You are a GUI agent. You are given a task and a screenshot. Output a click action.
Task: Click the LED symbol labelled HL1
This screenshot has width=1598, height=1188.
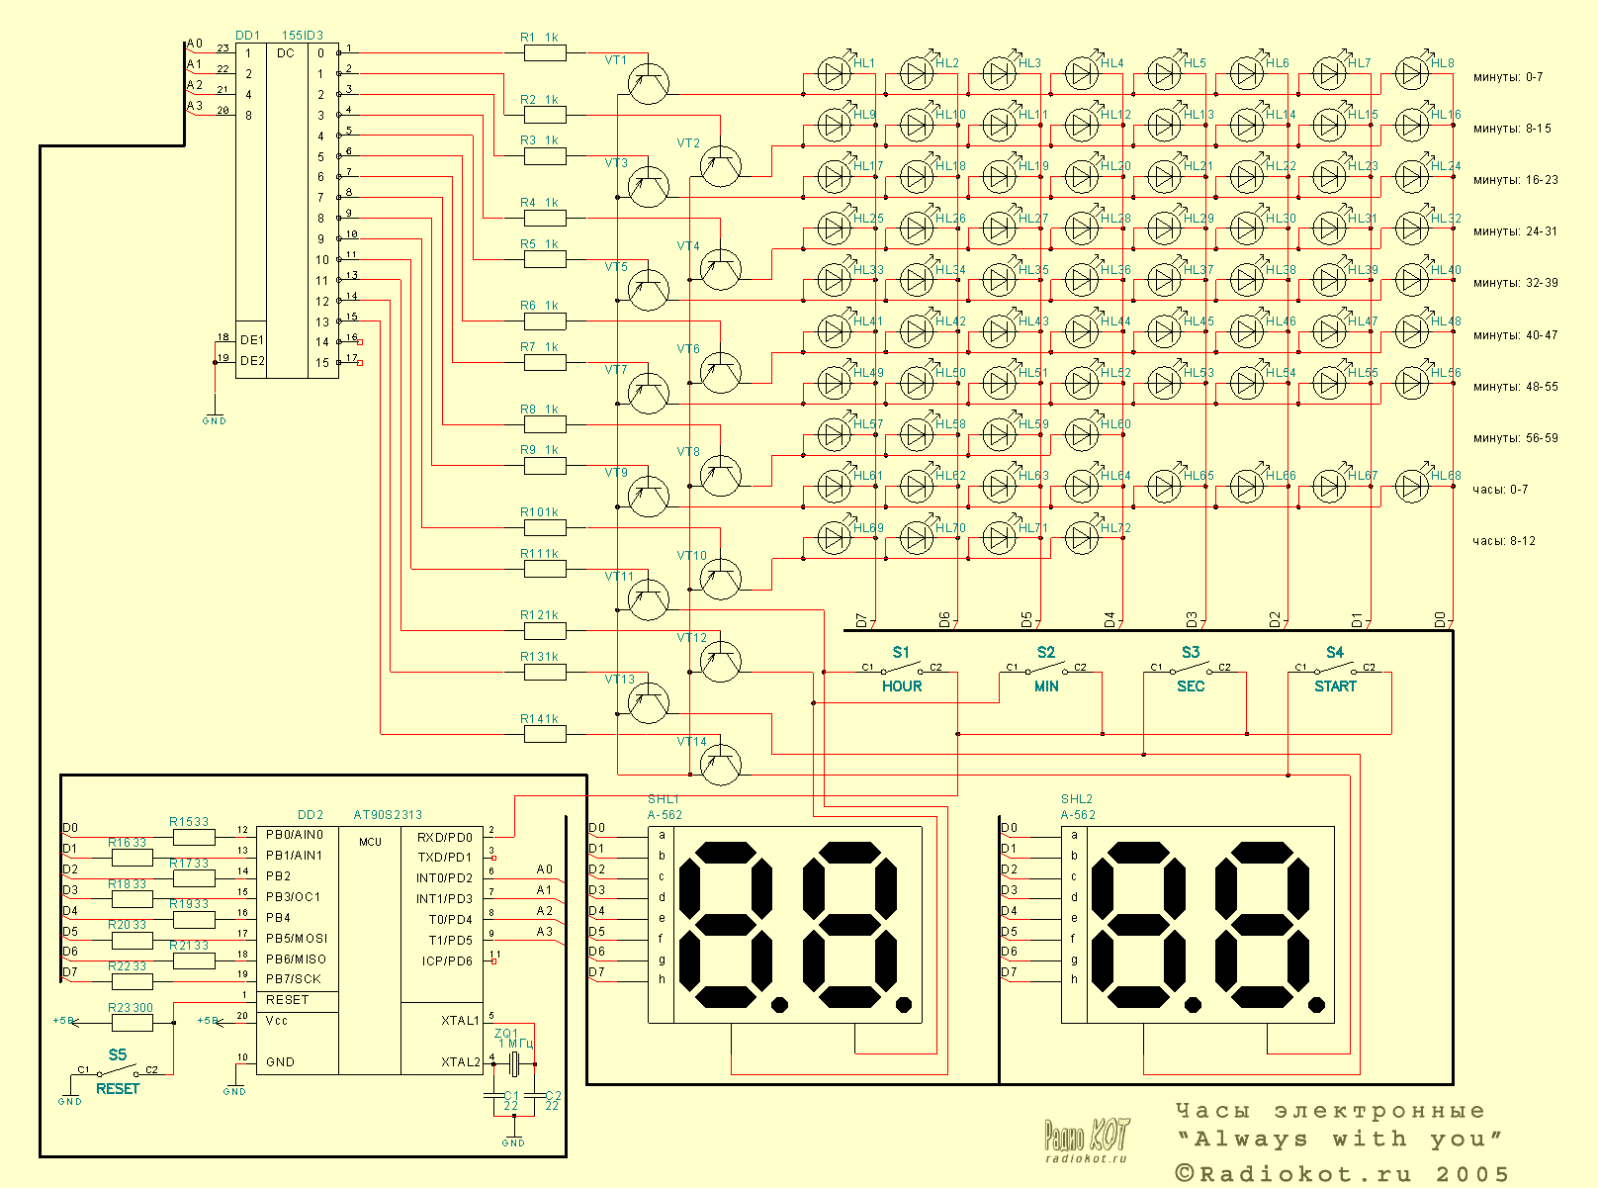[x=835, y=73]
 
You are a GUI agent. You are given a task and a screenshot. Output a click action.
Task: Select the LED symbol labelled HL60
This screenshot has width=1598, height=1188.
[x=1082, y=434]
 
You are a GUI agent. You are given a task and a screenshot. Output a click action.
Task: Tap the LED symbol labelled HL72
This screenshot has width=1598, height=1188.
[x=1082, y=537]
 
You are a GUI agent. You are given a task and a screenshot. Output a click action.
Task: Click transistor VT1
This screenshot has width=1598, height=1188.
[x=649, y=83]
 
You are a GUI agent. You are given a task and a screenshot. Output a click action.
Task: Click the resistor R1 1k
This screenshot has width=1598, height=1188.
[x=545, y=53]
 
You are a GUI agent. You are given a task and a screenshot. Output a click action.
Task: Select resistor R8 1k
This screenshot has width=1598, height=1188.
[x=545, y=424]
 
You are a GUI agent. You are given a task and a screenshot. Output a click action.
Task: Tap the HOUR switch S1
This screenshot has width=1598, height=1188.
[x=901, y=670]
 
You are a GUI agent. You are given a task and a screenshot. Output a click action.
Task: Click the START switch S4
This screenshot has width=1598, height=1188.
[x=1335, y=670]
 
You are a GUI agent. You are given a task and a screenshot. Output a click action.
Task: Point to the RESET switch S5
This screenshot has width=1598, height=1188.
[x=118, y=1070]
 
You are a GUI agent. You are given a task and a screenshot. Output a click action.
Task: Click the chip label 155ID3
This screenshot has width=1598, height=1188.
[x=303, y=36]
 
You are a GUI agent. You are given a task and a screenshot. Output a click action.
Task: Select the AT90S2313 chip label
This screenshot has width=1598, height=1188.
[x=388, y=815]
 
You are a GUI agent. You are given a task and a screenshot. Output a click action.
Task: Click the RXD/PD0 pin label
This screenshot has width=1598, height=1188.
[x=445, y=837]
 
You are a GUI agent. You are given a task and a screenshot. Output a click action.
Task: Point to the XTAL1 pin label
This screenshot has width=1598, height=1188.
[x=460, y=1020]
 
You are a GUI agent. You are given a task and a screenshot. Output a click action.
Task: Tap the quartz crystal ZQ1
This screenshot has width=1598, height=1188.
[x=513, y=1063]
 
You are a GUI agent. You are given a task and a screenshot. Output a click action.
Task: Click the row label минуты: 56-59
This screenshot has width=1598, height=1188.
[x=1515, y=438]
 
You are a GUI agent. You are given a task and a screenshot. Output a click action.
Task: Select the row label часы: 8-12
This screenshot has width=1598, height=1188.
[x=1503, y=541]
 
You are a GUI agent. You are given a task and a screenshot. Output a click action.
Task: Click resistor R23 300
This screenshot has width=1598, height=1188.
[x=131, y=1023]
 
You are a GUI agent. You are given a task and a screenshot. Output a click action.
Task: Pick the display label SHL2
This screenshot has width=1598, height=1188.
[x=1076, y=799]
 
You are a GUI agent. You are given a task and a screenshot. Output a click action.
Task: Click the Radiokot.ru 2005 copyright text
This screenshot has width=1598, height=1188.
[x=1342, y=1174]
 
